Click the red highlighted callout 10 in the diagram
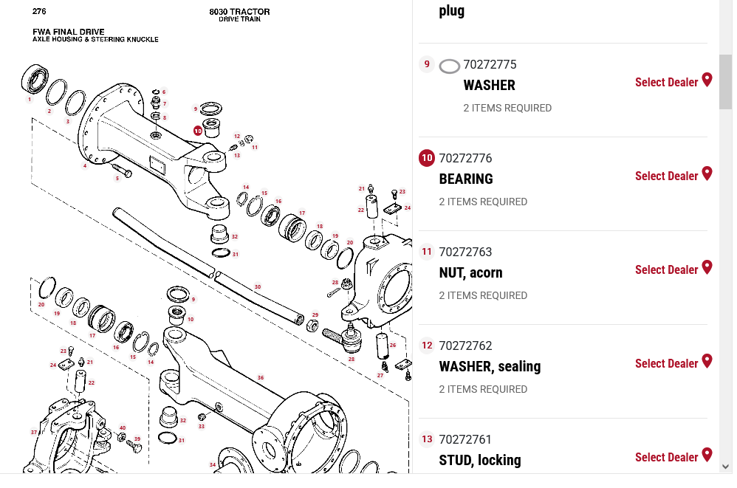[x=198, y=131]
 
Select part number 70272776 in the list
[x=465, y=158]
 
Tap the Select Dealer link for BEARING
[x=666, y=176]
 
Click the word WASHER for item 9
[x=489, y=85]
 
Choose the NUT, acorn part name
[x=470, y=272]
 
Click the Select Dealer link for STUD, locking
[x=666, y=457]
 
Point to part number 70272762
[x=465, y=346]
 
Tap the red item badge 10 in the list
[x=427, y=158]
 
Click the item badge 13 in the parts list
[x=427, y=439]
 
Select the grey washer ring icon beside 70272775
[x=449, y=66]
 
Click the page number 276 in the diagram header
[x=39, y=11]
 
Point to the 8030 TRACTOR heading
[x=239, y=12]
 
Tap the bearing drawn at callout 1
[x=34, y=78]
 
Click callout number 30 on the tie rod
[x=257, y=286]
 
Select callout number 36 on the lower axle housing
[x=260, y=377]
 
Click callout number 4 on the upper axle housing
[x=85, y=165]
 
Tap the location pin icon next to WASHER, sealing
[x=707, y=361]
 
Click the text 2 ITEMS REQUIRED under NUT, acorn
[x=483, y=295]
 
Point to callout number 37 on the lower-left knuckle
[x=33, y=432]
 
